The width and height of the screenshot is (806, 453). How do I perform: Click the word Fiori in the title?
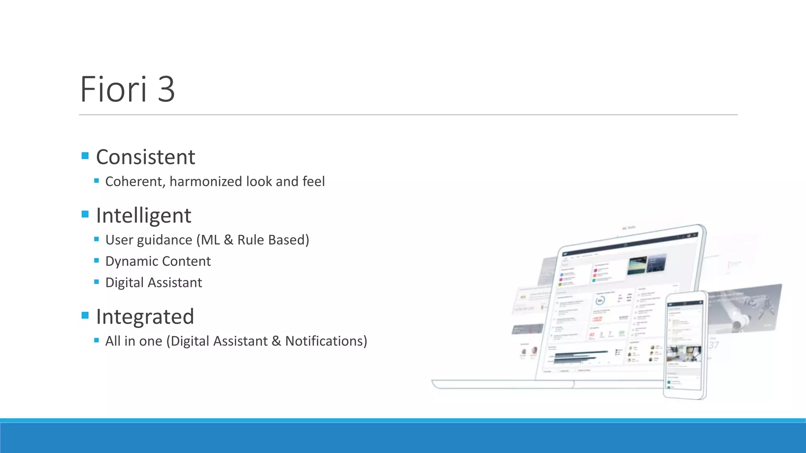[113, 89]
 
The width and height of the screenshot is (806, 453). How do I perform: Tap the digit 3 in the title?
[166, 89]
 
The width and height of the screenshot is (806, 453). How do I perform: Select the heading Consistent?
[145, 157]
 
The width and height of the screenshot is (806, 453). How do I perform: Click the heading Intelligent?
[143, 215]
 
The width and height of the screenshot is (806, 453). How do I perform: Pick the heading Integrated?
[145, 317]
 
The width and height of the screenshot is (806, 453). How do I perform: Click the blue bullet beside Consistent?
[85, 156]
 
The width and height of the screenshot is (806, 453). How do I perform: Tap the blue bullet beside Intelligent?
[85, 214]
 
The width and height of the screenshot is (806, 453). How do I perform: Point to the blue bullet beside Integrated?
[85, 315]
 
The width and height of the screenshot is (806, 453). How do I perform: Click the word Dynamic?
[131, 261]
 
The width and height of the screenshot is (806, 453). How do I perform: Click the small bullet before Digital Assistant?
[96, 282]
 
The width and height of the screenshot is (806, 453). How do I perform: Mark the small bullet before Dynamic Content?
[96, 260]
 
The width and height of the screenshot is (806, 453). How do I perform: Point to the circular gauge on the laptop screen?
[600, 301]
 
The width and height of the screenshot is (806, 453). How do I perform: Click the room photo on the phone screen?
[684, 354]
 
